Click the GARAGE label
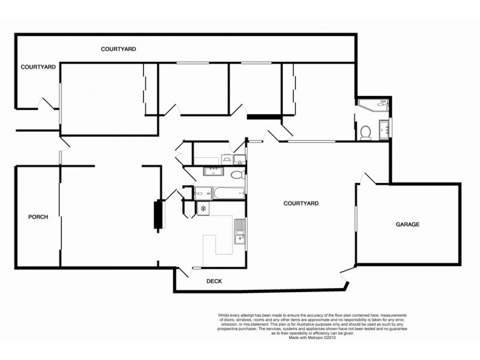(x=407, y=224)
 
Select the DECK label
(x=215, y=280)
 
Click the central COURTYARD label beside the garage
(x=301, y=204)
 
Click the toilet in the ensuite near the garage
(x=366, y=132)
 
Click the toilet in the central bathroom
(x=236, y=175)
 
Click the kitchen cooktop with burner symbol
(x=204, y=209)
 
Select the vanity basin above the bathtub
(x=213, y=172)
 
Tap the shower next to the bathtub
(x=202, y=193)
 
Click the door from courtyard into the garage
(x=365, y=179)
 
